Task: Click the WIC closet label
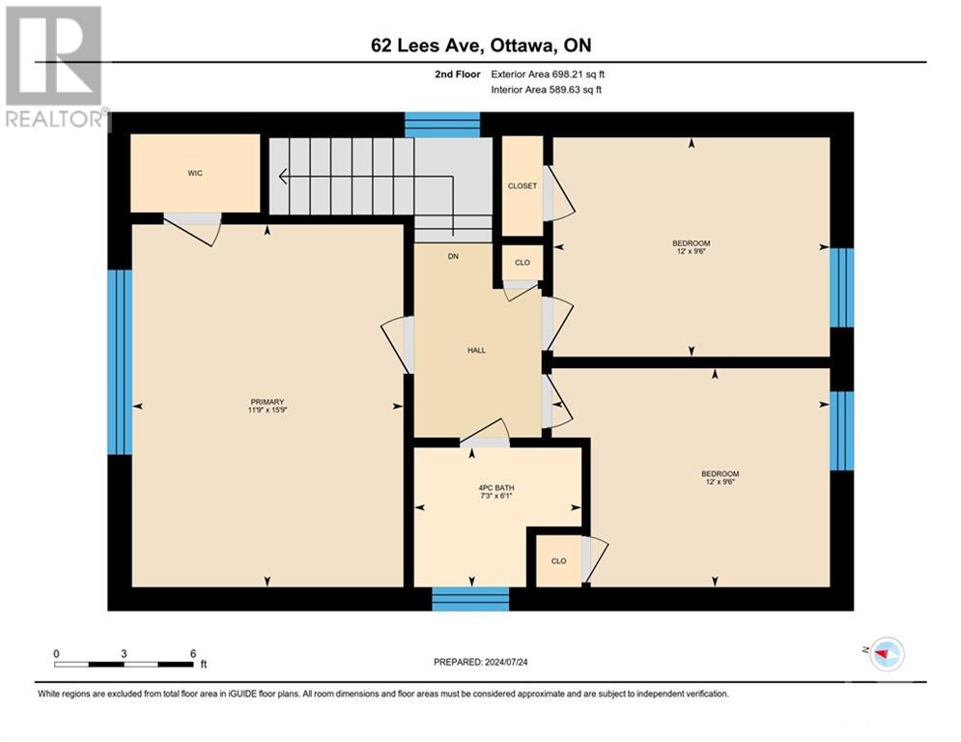(195, 173)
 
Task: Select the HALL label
(476, 350)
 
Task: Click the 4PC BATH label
(496, 492)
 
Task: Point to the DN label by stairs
(452, 257)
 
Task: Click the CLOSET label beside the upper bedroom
(523, 186)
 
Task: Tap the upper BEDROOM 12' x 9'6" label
(692, 247)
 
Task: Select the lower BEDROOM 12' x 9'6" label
(720, 478)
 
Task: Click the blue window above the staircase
(442, 125)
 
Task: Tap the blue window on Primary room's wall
(119, 361)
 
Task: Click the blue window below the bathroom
(470, 599)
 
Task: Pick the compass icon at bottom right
(885, 656)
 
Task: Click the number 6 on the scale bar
(193, 653)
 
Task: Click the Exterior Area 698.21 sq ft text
(548, 73)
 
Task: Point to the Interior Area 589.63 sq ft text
(548, 90)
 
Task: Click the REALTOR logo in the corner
(54, 67)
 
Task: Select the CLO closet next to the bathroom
(557, 560)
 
